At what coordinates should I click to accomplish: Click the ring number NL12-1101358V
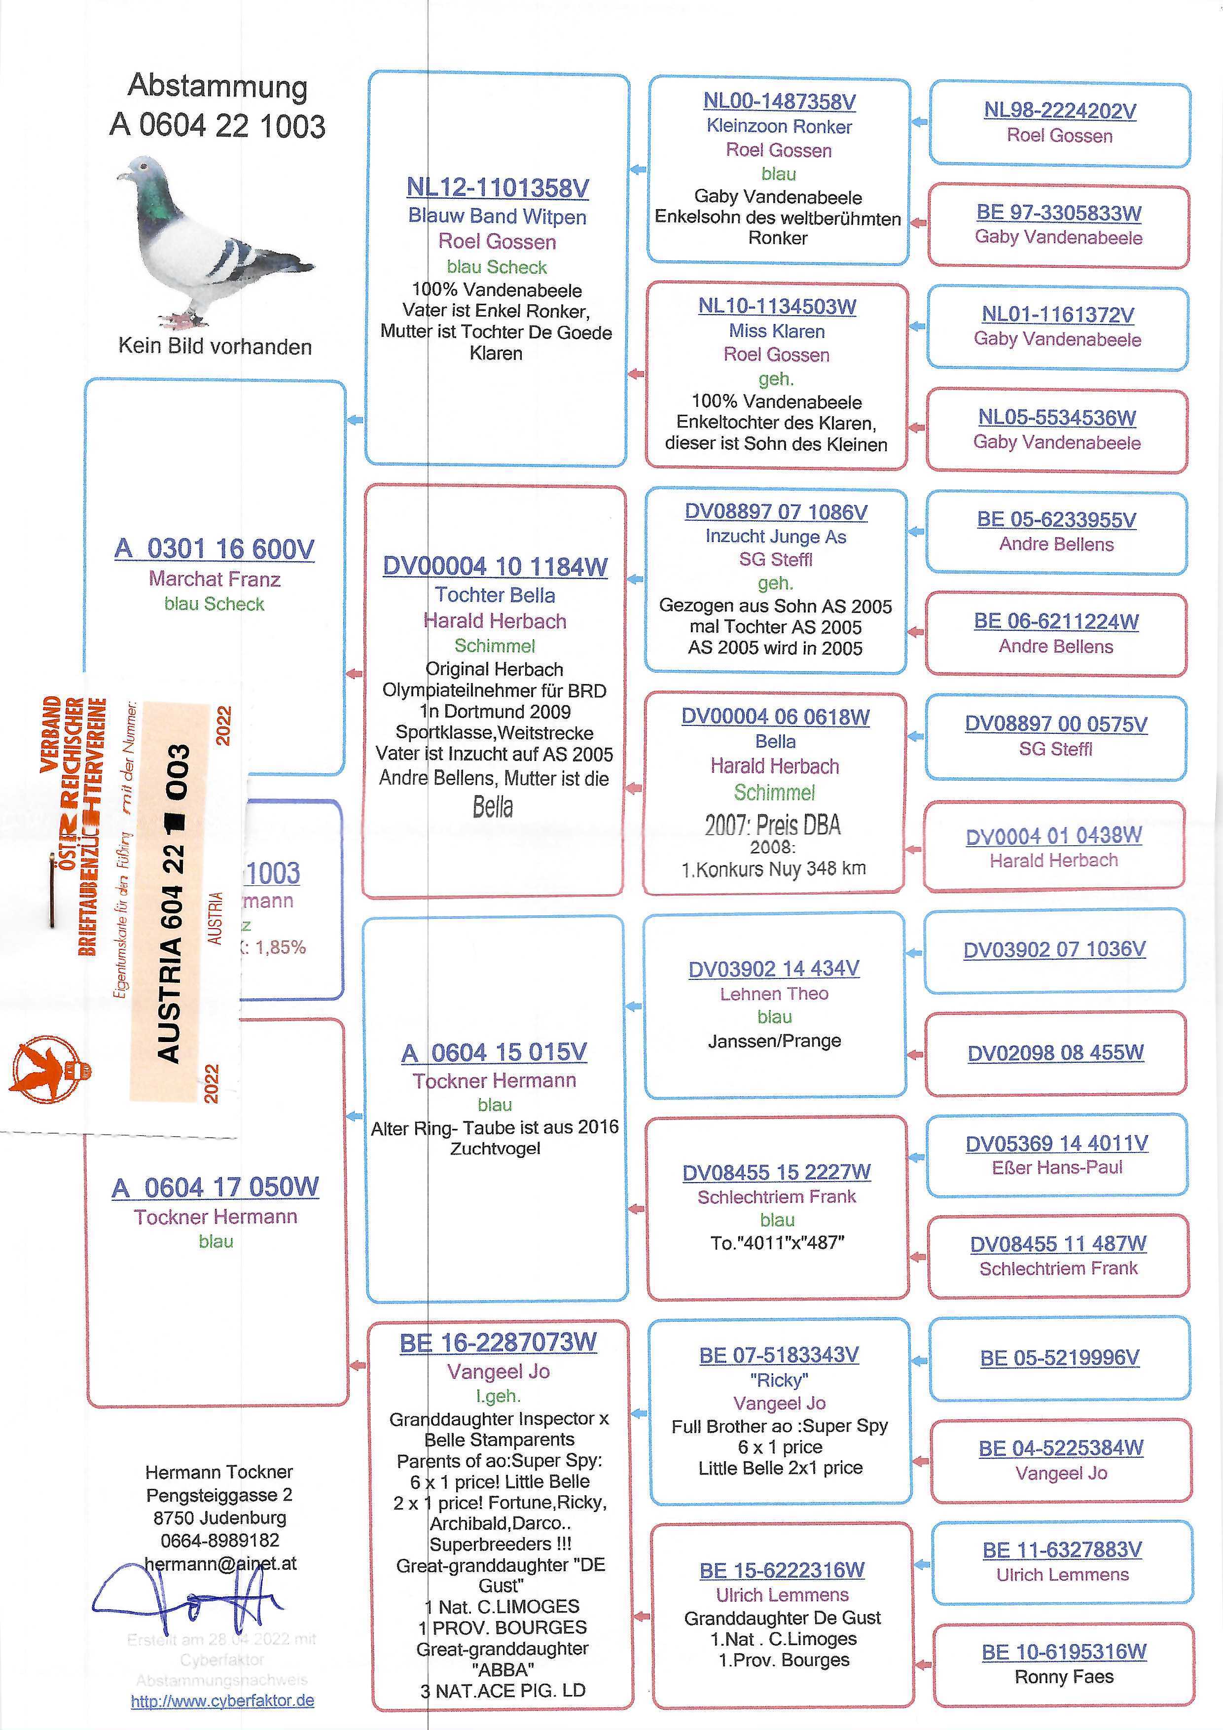coord(498,187)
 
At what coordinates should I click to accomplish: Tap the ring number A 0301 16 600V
coord(214,548)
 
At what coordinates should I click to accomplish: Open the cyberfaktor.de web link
coord(222,1700)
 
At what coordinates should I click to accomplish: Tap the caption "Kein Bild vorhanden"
coord(215,347)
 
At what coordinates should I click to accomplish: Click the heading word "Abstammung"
coord(217,86)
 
